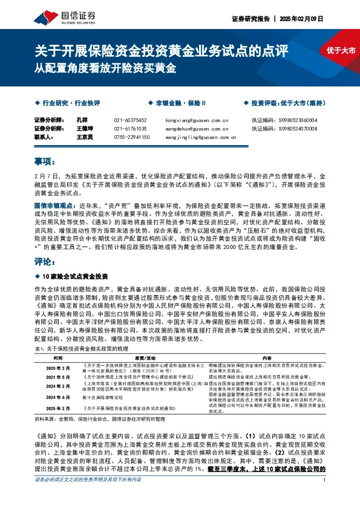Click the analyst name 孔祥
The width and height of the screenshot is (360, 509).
click(x=83, y=120)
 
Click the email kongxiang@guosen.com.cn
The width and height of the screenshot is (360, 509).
click(x=197, y=120)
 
